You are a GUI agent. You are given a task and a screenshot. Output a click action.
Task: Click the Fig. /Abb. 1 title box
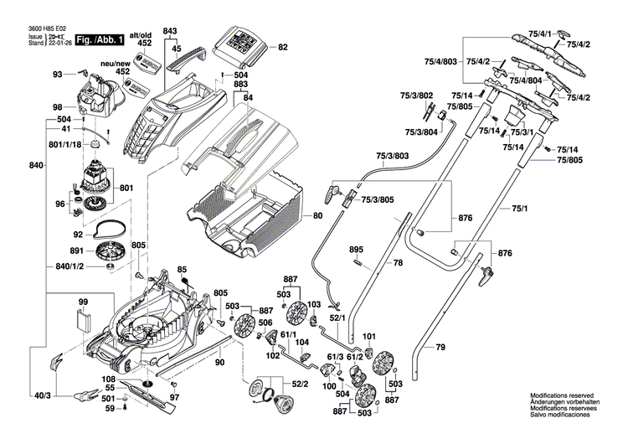(x=99, y=39)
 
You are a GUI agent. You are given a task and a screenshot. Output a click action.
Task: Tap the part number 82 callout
(x=282, y=47)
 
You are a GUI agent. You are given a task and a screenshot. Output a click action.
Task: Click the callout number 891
(x=77, y=250)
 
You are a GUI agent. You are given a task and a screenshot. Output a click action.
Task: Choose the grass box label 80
(x=317, y=216)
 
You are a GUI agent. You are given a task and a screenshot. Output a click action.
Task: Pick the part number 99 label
(x=83, y=302)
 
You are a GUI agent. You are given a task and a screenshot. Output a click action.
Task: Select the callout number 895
(x=356, y=250)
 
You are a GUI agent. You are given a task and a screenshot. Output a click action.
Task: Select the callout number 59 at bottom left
(x=110, y=409)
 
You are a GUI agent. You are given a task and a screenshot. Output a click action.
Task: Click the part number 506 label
(x=265, y=323)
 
